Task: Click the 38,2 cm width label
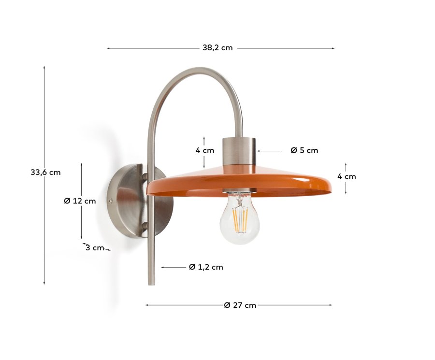point(217,48)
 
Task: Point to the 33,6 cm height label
point(45,172)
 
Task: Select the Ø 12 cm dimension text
point(80,201)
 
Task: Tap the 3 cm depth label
point(95,248)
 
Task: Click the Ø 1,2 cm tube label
point(206,267)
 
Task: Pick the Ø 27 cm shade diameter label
point(240,305)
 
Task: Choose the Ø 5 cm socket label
point(304,150)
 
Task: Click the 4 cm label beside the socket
point(204,150)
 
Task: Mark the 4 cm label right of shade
point(347,176)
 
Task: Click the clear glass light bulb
point(240,220)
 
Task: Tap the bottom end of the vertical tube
point(152,282)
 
